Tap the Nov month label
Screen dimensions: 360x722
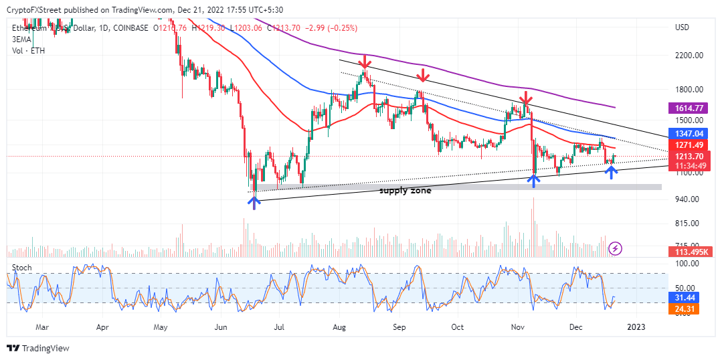tap(518, 328)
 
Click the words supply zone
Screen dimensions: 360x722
tap(405, 191)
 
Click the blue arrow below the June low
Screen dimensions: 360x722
tap(254, 202)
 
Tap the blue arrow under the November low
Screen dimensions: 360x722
tap(533, 179)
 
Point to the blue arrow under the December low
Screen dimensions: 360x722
tap(611, 172)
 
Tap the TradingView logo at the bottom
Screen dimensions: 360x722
tap(39, 349)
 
